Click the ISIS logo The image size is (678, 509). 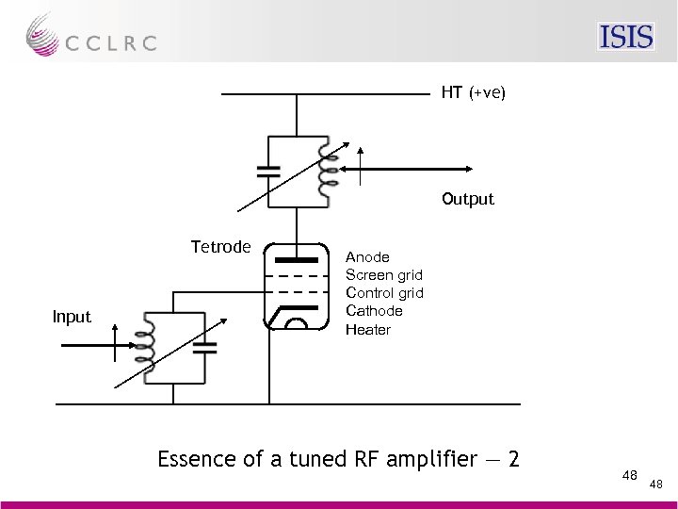pyautogui.click(x=626, y=36)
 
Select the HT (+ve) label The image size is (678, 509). pyautogui.click(x=473, y=93)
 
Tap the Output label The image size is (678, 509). pyautogui.click(x=467, y=199)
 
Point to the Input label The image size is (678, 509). pyautogui.click(x=73, y=317)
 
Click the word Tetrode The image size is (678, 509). pyautogui.click(x=220, y=247)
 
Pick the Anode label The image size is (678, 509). pyautogui.click(x=367, y=256)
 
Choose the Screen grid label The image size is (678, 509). pyautogui.click(x=384, y=274)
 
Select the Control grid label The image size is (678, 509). pyautogui.click(x=384, y=292)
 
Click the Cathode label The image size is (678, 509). pyautogui.click(x=374, y=310)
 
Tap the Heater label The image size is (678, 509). pyautogui.click(x=367, y=329)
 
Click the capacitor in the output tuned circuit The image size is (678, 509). pyautogui.click(x=269, y=172)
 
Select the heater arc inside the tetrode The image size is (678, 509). pyautogui.click(x=296, y=323)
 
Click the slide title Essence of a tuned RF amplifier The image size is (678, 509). pyautogui.click(x=338, y=459)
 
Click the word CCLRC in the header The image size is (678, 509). pyautogui.click(x=111, y=43)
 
